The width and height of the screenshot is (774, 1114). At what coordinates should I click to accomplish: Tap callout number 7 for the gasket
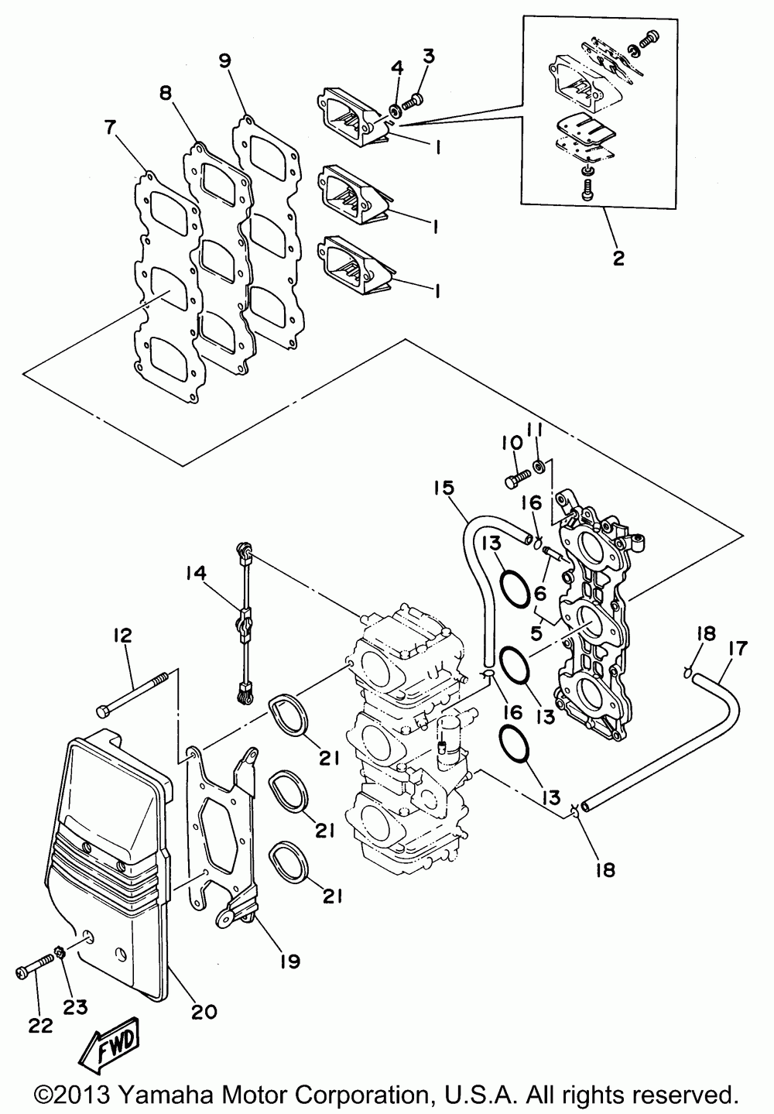coord(110,129)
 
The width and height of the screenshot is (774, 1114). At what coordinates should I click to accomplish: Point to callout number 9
coord(224,62)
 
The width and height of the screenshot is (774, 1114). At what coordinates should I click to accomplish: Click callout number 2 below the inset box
coord(618,257)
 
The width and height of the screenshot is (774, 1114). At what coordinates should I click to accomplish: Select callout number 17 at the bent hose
coord(738,649)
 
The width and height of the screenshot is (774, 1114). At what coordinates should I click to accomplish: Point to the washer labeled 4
coord(394,109)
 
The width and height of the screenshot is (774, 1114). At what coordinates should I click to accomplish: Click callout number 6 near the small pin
coord(539,593)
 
